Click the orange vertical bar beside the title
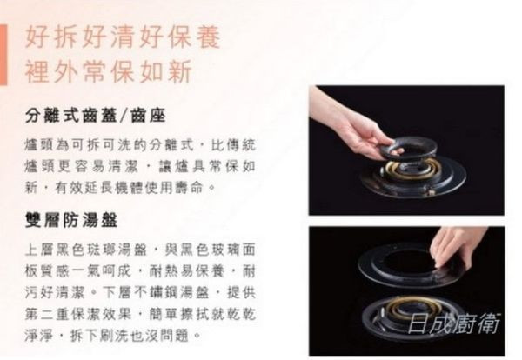[3, 55]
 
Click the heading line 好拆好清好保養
[123, 37]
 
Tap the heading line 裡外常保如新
[109, 71]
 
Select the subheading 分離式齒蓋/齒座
[95, 116]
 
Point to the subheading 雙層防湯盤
[71, 220]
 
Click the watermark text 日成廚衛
[454, 323]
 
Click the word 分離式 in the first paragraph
[171, 145]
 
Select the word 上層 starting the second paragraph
[40, 250]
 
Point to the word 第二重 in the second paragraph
[48, 314]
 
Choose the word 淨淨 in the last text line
[40, 335]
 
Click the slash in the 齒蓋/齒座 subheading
[124, 117]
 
